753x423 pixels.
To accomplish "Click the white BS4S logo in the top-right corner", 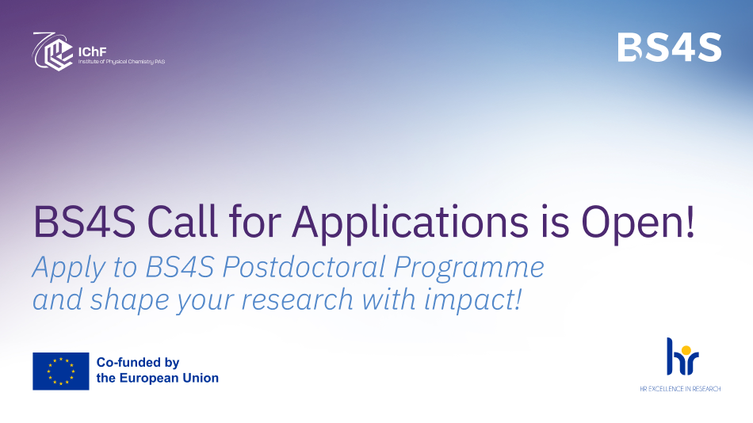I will pyautogui.click(x=669, y=48).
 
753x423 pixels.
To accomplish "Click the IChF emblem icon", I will pyautogui.click(x=53, y=51).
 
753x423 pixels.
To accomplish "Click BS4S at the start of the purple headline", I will pyautogui.click(x=77, y=223).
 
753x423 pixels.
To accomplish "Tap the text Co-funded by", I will pyautogui.click(x=139, y=362).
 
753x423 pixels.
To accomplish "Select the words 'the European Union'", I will pyautogui.click(x=157, y=378).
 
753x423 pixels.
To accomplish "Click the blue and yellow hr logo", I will pyautogui.click(x=682, y=356).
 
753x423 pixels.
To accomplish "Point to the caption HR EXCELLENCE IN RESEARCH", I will pyautogui.click(x=681, y=389).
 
